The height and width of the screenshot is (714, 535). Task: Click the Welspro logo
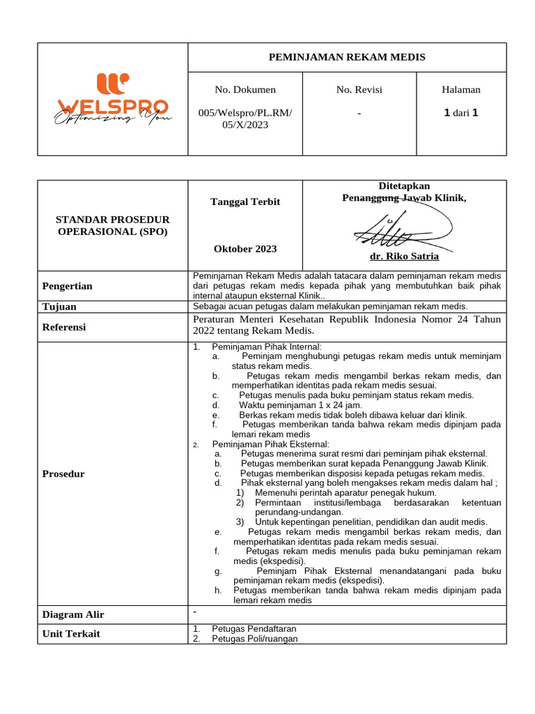click(112, 98)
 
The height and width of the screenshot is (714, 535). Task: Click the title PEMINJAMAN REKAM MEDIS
click(347, 57)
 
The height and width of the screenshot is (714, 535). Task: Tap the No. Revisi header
click(359, 89)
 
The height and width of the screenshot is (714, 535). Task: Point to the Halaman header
click(461, 89)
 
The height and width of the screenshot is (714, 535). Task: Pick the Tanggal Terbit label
click(245, 202)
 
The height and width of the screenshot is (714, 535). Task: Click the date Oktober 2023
click(245, 249)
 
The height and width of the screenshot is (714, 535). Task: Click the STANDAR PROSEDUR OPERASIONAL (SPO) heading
click(112, 226)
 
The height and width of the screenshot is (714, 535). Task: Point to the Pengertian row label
click(68, 286)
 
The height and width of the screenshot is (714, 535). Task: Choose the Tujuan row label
click(59, 307)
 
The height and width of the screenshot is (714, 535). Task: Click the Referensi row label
click(64, 326)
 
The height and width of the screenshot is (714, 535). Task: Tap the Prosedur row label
click(63, 474)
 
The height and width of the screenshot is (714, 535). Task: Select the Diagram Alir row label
click(73, 614)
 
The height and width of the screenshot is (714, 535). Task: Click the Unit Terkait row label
click(71, 634)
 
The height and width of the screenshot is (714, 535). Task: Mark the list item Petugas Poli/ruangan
click(255, 639)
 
